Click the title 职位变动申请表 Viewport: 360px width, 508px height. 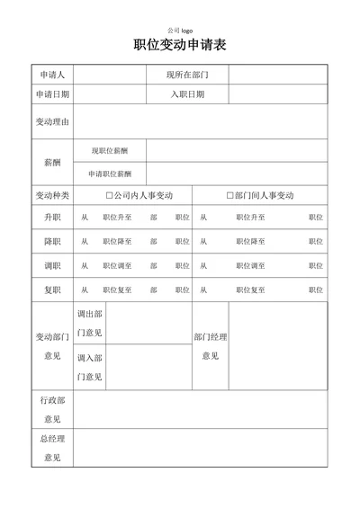click(180, 48)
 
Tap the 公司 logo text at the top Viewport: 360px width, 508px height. click(180, 29)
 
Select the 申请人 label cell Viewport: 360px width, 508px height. click(52, 74)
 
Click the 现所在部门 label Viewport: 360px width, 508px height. click(187, 74)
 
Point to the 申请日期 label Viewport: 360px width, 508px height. click(52, 94)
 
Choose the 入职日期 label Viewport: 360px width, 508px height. click(187, 94)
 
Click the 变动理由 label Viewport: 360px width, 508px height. click(52, 121)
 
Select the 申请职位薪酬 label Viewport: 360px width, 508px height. click(110, 174)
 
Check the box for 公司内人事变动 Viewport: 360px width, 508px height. click(110, 195)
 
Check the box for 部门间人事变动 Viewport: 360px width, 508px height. click(230, 195)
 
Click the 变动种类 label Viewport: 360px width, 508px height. click(52, 195)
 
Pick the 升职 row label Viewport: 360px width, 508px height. click(52, 218)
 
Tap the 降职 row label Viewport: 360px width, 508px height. click(52, 242)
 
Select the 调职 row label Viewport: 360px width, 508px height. click(52, 266)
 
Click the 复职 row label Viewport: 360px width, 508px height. click(52, 290)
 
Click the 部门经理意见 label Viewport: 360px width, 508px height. click(211, 346)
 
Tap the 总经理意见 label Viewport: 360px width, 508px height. click(52, 448)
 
